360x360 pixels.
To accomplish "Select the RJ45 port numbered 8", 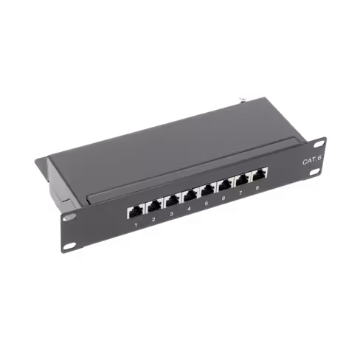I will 260,176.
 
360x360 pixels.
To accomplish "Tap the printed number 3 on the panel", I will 171,214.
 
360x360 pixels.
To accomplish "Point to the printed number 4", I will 189,209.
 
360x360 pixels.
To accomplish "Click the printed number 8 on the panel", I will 257,190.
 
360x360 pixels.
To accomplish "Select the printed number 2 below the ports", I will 153,219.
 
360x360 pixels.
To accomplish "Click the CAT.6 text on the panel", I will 311,158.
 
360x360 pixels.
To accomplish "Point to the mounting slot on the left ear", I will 69,218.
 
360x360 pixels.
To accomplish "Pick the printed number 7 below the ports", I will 240,194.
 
